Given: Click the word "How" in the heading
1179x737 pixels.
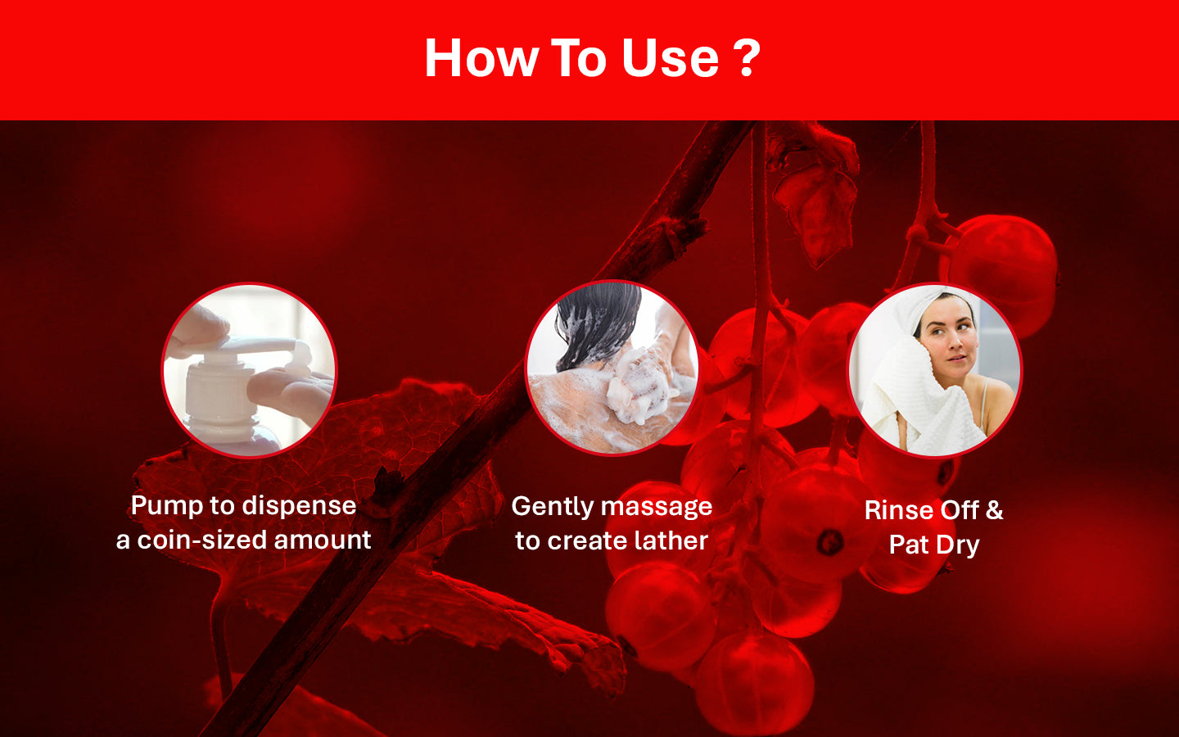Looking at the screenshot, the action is point(481,58).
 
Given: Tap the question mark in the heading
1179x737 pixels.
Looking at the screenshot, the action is point(747,58).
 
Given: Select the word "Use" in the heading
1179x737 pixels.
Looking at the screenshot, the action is point(670,58).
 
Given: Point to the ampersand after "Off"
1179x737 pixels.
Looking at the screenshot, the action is point(994,510).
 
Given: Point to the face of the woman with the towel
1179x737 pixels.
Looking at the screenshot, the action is point(948,342).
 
